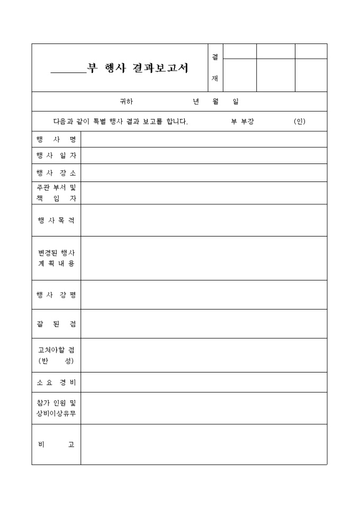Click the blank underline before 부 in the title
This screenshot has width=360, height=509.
tap(68, 71)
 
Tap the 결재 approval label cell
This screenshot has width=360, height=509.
tap(215, 68)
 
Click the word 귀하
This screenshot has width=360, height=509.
tap(127, 102)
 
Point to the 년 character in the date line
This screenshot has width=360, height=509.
tap(196, 102)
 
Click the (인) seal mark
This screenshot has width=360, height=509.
tap(300, 122)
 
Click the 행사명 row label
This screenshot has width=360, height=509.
tap(56, 140)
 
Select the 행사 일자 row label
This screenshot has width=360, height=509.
tap(56, 156)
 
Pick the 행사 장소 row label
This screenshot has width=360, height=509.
tap(56, 172)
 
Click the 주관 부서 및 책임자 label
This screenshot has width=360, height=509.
tap(56, 193)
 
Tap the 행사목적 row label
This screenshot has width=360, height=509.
tap(56, 220)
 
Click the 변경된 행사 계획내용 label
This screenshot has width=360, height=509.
tap(56, 258)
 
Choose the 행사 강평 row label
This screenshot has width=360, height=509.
tap(56, 295)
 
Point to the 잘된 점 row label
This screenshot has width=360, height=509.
tap(56, 324)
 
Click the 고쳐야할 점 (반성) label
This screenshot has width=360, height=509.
tap(56, 355)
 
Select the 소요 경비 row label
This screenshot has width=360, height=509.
tap(56, 382)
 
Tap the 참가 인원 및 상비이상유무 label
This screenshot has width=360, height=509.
tap(56, 408)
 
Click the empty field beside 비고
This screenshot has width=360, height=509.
tap(204, 444)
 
